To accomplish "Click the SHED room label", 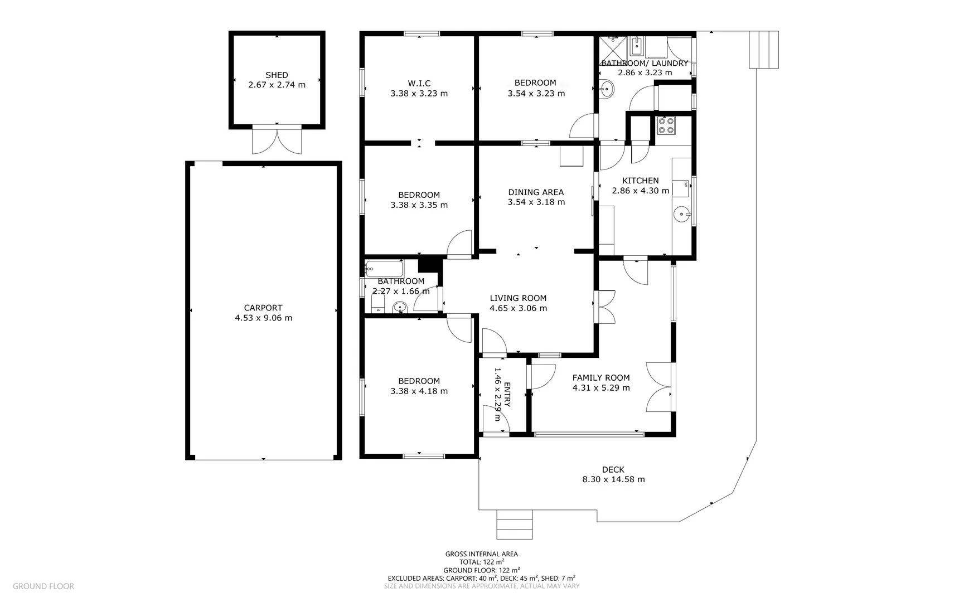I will pos(277,75).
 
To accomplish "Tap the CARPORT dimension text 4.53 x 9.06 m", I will pos(263,318).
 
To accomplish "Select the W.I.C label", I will pos(419,83).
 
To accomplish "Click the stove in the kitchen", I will pos(665,125).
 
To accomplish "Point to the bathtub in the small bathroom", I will pos(384,268).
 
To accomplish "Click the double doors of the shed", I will pos(277,140).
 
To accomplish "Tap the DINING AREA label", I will pos(536,192).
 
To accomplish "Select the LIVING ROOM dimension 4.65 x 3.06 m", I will pos(518,308).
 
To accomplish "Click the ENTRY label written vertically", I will pos(507,395).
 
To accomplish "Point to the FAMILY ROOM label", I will pos(601,377).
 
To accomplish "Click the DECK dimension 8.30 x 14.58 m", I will pos(613,479).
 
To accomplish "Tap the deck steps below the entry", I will pos(515,525).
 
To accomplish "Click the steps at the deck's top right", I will pos(763,50).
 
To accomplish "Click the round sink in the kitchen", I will pos(682,213).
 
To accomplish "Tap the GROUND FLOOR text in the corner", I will pos(43,586).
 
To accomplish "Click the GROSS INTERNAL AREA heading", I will pos(481,554).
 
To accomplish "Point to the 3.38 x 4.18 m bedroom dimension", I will pos(419,391).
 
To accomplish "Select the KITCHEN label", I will pos(640,181).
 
